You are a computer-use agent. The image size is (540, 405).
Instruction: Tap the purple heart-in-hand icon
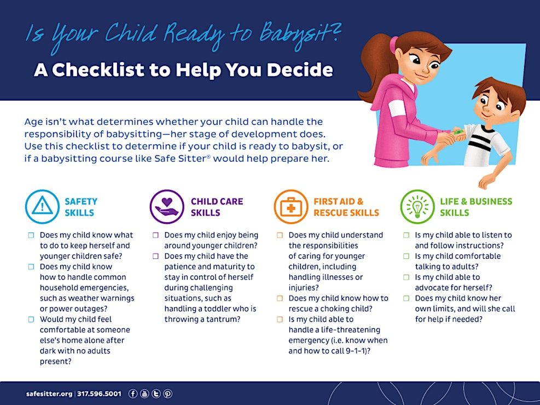coord(167,207)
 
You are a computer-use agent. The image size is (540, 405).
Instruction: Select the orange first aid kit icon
coord(291,207)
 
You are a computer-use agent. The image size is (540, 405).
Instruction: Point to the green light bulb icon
coord(417,207)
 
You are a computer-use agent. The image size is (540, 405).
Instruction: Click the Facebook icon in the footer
coord(133,394)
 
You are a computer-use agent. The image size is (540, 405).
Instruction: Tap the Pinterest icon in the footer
coord(168,394)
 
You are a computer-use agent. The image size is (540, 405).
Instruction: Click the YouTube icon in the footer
coord(144,394)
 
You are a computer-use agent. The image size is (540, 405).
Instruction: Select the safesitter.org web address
coord(49,394)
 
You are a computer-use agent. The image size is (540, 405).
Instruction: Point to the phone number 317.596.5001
coord(99,394)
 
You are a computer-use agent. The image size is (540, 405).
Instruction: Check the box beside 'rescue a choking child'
coord(280,298)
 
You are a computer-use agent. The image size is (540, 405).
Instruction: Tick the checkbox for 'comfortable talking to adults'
coord(407,256)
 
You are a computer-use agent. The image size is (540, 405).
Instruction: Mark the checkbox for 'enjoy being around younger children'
coord(156,235)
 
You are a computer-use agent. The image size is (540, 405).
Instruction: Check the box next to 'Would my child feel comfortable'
coord(31,319)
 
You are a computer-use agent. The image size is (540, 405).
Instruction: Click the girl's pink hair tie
coord(393,45)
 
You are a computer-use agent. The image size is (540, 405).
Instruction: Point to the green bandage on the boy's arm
coord(458,132)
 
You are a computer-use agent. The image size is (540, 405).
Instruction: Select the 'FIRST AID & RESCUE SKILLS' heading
coord(346,207)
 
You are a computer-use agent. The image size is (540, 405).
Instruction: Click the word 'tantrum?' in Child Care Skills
coord(224,319)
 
